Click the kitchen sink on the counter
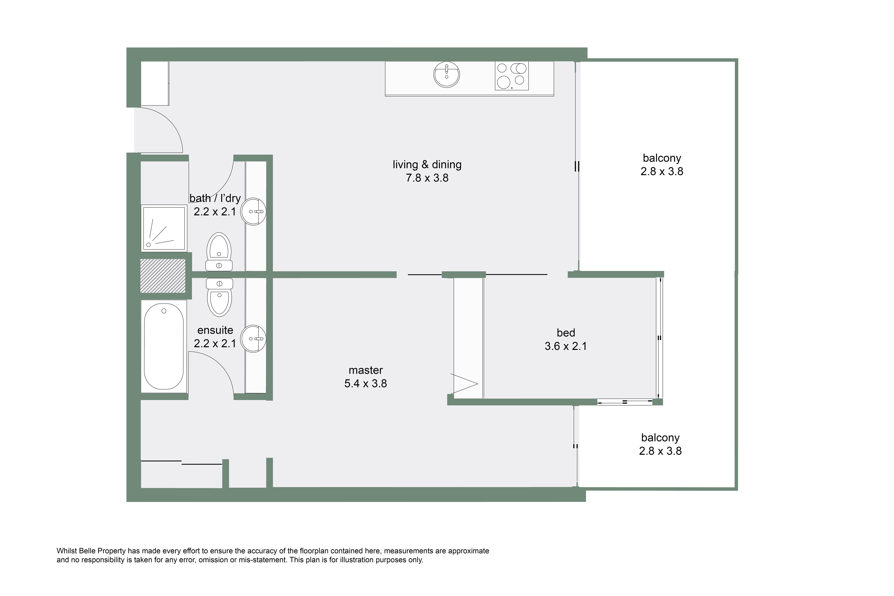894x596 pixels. [447, 75]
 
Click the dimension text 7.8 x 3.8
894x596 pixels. [427, 178]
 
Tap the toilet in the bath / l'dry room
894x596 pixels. [219, 252]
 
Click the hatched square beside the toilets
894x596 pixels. [163, 276]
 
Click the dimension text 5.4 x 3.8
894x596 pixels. [366, 384]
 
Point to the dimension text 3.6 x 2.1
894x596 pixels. [566, 346]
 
